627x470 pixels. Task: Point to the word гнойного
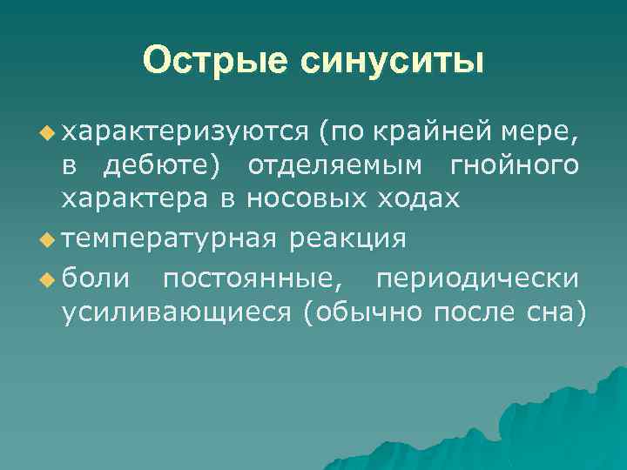[516, 166]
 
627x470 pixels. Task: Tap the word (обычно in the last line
[361, 312]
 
